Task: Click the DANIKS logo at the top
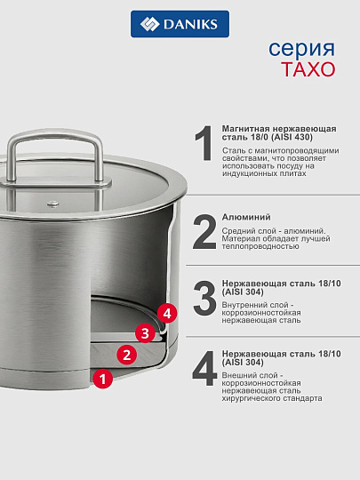[180, 24]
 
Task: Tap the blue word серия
[302, 48]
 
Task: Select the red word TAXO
[308, 69]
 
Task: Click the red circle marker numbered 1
[103, 379]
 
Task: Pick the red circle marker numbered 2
[127, 355]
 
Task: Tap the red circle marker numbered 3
[145, 332]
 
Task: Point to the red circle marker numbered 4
[167, 313]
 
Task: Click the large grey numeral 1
[204, 143]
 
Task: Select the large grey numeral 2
[204, 232]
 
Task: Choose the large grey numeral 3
[204, 298]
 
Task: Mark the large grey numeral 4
[204, 368]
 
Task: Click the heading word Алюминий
[246, 217]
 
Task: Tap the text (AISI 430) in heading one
[292, 137]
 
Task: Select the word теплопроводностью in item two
[260, 246]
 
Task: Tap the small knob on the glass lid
[53, 204]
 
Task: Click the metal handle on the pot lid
[55, 159]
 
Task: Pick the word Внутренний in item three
[244, 305]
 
